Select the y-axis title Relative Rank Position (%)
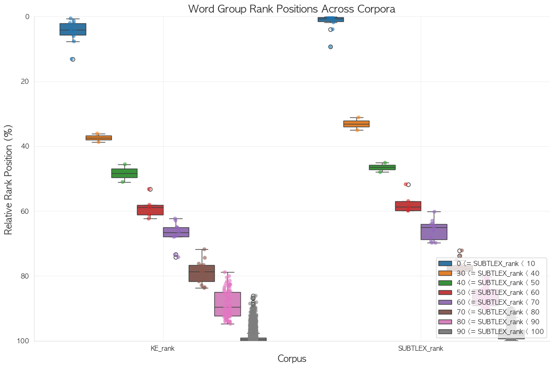coord(8,179)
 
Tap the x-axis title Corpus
coord(292,359)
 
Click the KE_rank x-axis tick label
coord(163,348)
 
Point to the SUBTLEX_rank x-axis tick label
coord(421,348)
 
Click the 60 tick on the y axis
coord(25,211)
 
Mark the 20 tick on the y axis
coord(25,82)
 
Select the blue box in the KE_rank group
coord(73,29)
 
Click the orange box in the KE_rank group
coord(99,137)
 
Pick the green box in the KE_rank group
coord(124,173)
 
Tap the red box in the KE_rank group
coord(150,210)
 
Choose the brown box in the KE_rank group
coord(202,273)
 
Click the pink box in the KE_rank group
coord(227,304)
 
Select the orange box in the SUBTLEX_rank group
coord(356,123)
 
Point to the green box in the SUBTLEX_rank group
coord(382,167)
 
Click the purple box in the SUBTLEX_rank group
coord(434,232)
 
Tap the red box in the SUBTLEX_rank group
coord(408,206)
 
